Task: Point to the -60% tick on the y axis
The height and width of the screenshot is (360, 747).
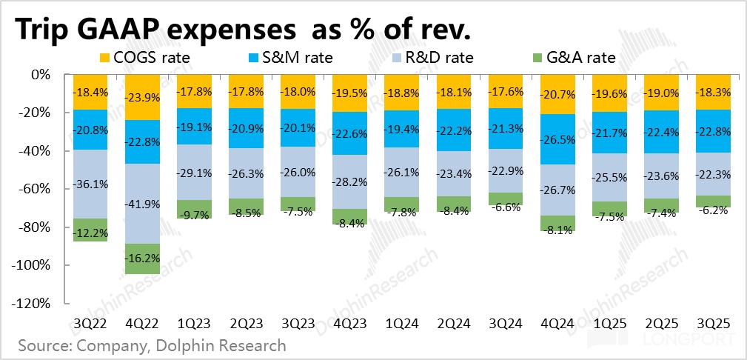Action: point(35,189)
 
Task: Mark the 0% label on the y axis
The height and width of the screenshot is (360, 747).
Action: point(40,75)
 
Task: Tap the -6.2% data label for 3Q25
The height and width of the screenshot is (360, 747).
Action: point(714,210)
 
